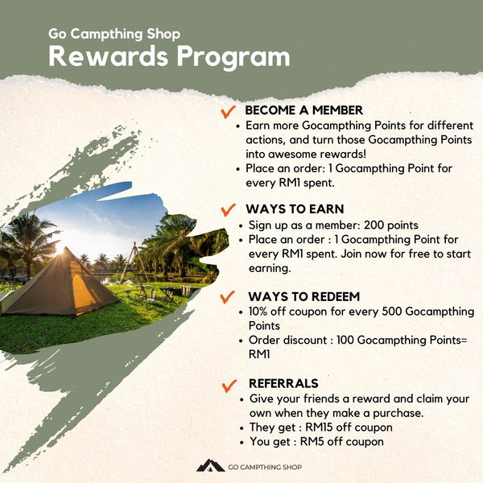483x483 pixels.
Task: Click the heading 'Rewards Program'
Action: [169, 56]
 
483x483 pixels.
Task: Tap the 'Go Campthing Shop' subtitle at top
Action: [114, 34]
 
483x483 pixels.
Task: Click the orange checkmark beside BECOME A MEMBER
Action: [229, 112]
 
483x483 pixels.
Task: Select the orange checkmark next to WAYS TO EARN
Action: [229, 210]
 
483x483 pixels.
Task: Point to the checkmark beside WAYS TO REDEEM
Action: [227, 297]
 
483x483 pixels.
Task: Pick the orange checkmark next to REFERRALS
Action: [229, 386]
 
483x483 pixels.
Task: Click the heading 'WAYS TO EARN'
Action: [295, 209]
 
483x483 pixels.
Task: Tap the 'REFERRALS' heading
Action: [283, 383]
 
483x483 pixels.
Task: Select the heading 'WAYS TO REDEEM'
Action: [304, 296]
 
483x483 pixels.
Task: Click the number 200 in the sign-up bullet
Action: [374, 225]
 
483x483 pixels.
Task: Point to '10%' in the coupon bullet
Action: [258, 312]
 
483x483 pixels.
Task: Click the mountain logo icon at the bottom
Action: [210, 465]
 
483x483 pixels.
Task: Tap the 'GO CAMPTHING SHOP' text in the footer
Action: [265, 467]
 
